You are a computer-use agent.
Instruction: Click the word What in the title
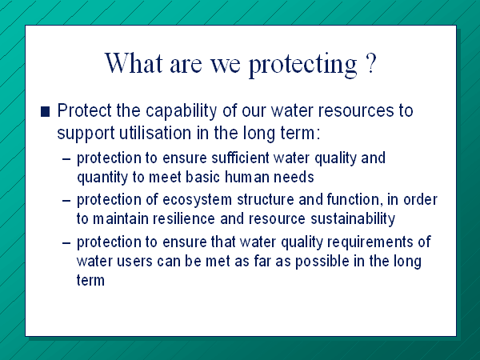tap(134, 62)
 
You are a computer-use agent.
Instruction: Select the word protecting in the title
tap(303, 66)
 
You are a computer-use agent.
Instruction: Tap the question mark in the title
tap(370, 62)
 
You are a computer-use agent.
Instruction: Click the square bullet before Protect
tap(45, 111)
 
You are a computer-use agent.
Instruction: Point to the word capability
tap(182, 111)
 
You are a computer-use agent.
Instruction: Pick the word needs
tap(294, 177)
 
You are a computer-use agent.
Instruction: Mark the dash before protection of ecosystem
tap(66, 201)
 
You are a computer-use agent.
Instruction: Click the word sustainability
tap(353, 219)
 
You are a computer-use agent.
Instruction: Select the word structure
tap(265, 200)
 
